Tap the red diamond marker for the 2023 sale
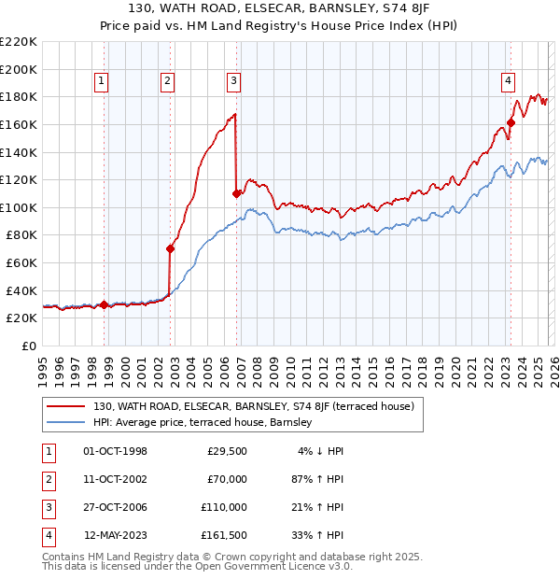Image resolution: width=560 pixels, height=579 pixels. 511,121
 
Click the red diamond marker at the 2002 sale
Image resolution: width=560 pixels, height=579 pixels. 170,248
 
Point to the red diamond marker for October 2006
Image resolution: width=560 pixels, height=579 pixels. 236,193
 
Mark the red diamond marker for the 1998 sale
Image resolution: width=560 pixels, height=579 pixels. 104,304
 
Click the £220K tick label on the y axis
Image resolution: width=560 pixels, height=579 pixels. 19,42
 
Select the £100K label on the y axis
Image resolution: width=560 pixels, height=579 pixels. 19,207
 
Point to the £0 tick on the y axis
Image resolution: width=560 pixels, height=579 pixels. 30,346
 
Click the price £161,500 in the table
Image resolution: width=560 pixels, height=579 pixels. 223,535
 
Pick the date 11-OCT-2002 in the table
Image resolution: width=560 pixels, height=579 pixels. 116,479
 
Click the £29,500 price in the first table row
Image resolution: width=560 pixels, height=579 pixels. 227,451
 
